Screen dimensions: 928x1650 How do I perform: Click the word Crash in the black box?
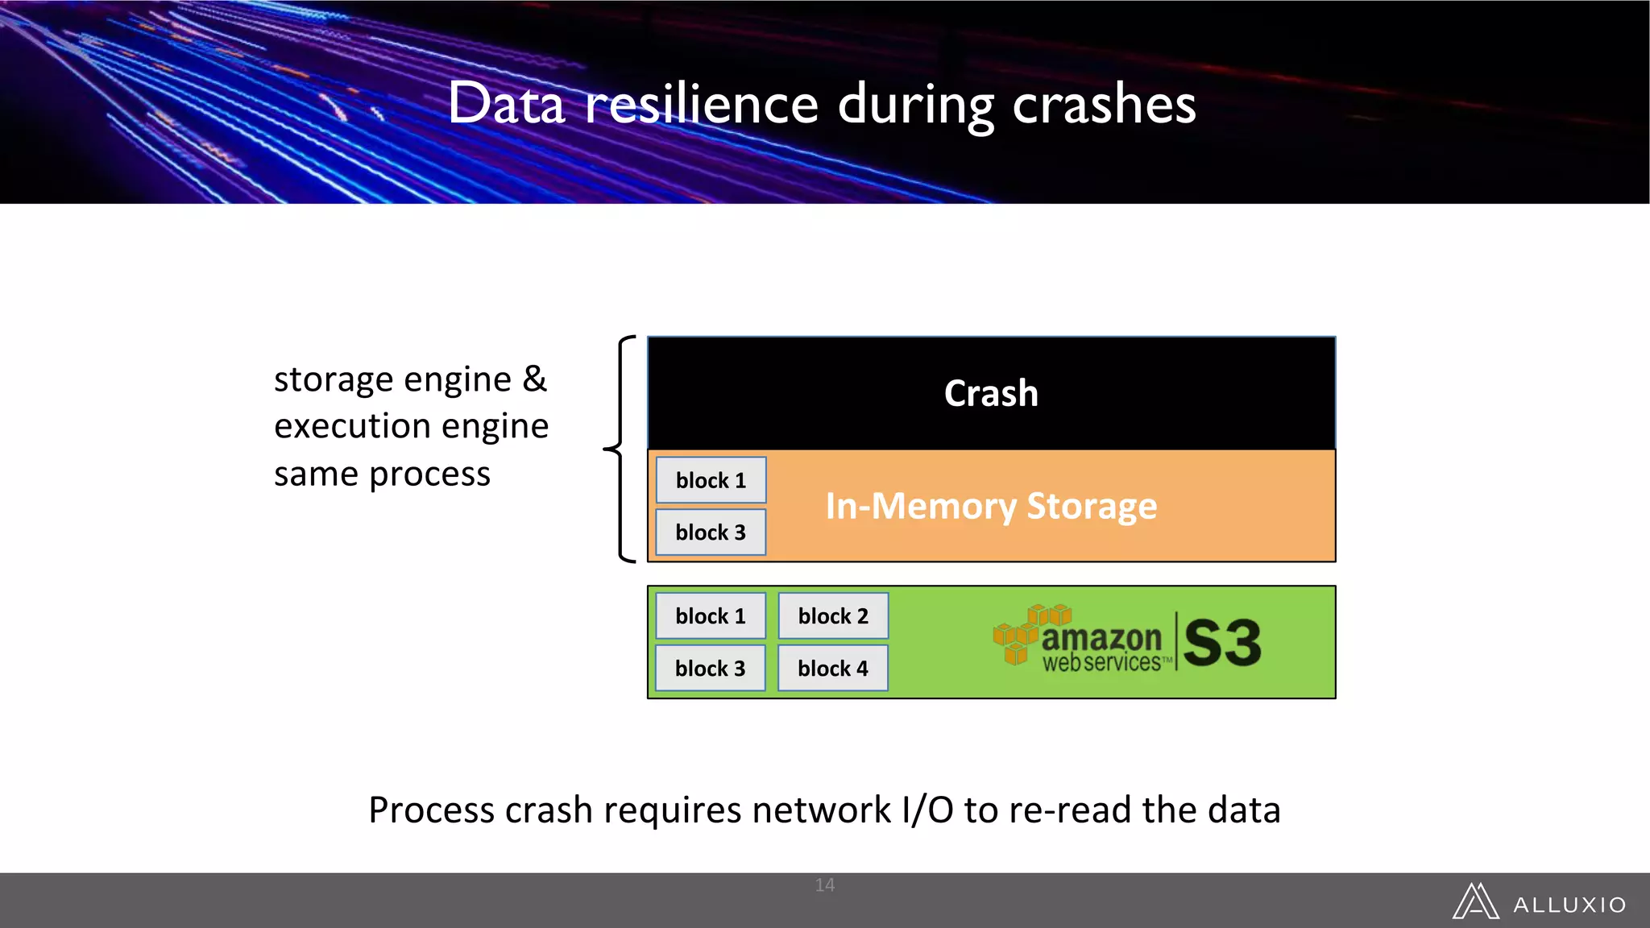click(x=991, y=394)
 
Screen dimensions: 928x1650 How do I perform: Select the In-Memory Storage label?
click(x=991, y=507)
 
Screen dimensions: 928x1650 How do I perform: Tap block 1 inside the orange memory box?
click(x=711, y=481)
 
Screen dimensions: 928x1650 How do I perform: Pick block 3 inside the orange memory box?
click(x=711, y=532)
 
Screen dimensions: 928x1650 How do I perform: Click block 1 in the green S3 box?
click(x=711, y=616)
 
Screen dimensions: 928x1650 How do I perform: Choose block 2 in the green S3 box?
click(x=833, y=616)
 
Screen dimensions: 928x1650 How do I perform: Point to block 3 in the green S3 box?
click(x=711, y=669)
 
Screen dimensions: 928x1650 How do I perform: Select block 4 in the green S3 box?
click(x=833, y=669)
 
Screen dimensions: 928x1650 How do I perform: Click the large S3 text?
click(x=1222, y=643)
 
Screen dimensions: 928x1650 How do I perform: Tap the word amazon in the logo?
click(x=1101, y=638)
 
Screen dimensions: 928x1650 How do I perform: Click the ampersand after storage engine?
click(x=534, y=379)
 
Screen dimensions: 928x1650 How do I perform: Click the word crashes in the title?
click(x=1104, y=104)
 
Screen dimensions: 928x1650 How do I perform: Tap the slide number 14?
click(x=824, y=885)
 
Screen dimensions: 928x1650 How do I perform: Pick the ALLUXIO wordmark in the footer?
click(x=1569, y=905)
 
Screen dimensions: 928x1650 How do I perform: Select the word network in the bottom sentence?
click(x=821, y=810)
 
